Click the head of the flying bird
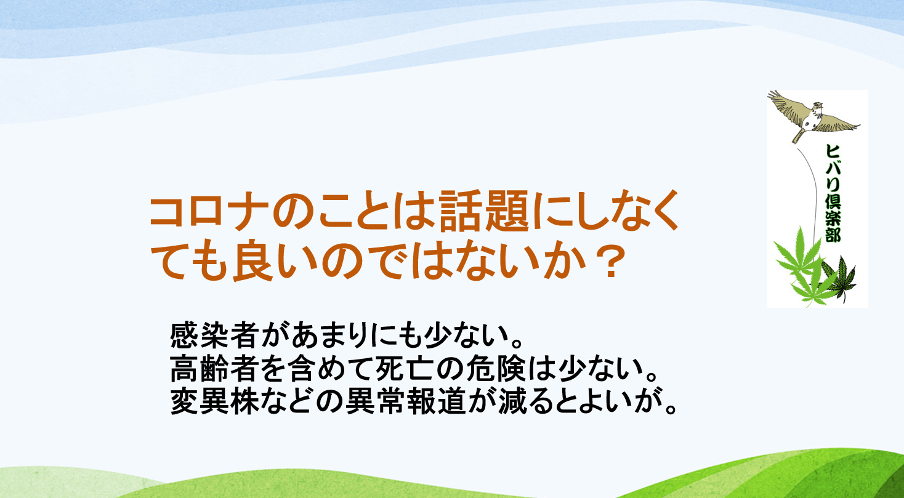[817, 107]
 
